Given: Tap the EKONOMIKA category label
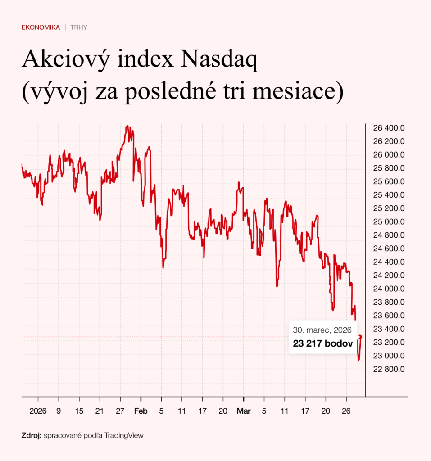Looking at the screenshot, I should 41,27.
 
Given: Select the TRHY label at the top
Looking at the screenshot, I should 79,27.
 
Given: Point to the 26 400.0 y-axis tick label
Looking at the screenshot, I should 389,128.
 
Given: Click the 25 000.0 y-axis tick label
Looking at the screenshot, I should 389,221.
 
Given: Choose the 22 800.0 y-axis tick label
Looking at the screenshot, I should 389,369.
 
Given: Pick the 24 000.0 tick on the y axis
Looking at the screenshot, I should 389,289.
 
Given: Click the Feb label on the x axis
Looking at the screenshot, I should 141,411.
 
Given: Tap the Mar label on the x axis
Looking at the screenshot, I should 243,411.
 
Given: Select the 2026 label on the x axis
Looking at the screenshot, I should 38,411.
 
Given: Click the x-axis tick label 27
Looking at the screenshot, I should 120,411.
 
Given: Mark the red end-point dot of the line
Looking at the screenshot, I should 360,337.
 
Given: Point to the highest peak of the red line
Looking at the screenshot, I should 128,126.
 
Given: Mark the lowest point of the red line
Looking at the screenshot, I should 358,360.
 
